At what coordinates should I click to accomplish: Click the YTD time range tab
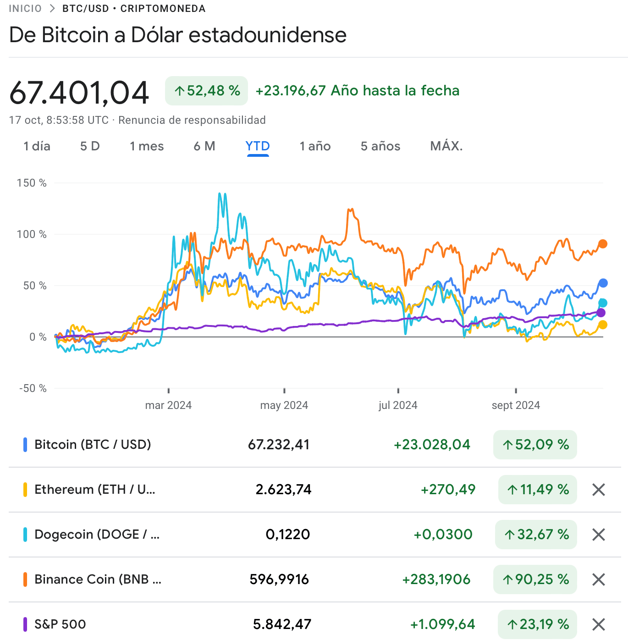258,146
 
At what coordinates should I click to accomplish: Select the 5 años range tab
380,146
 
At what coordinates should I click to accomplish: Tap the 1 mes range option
147,146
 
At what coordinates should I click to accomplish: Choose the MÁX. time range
446,146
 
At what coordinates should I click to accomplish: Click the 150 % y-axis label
32,183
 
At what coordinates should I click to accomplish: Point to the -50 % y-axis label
33,388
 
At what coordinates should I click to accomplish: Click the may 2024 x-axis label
284,405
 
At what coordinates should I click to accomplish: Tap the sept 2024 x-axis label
516,405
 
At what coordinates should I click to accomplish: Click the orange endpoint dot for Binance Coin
603,244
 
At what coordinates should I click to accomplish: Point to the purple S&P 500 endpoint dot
601,313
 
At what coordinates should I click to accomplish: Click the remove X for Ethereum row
599,490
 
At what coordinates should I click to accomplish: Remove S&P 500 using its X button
599,624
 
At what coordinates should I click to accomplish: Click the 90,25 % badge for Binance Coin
535,579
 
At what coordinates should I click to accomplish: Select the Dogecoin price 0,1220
288,535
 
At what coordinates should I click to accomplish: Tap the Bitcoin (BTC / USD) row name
93,445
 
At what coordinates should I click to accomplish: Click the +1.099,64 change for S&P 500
442,624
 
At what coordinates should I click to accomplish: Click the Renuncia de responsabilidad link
192,120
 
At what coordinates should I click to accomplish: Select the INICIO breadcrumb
25,9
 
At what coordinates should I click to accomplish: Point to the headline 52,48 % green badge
206,91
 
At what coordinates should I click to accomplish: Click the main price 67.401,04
79,93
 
